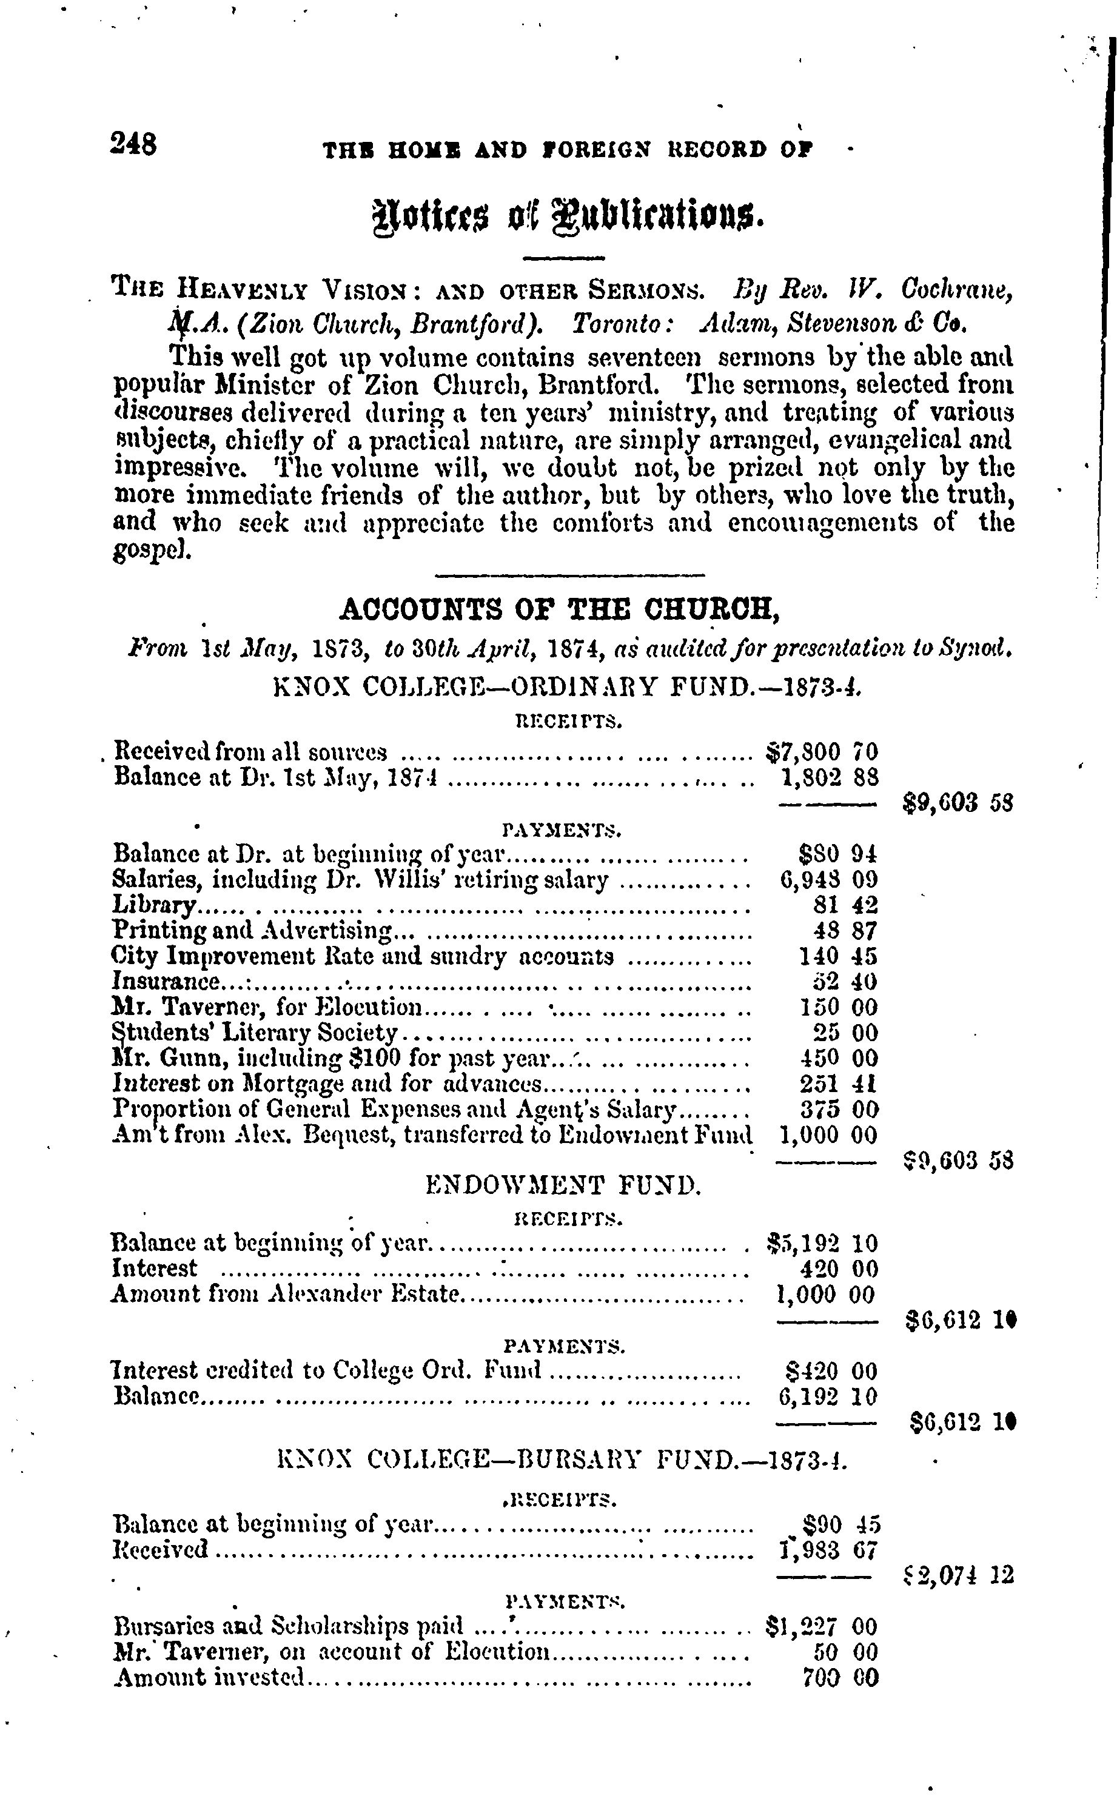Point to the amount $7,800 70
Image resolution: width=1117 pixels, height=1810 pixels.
tap(820, 752)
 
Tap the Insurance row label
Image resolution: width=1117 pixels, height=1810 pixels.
tap(166, 982)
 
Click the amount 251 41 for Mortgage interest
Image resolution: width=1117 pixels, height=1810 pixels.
tap(839, 1084)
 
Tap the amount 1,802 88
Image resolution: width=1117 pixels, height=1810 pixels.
tap(828, 777)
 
